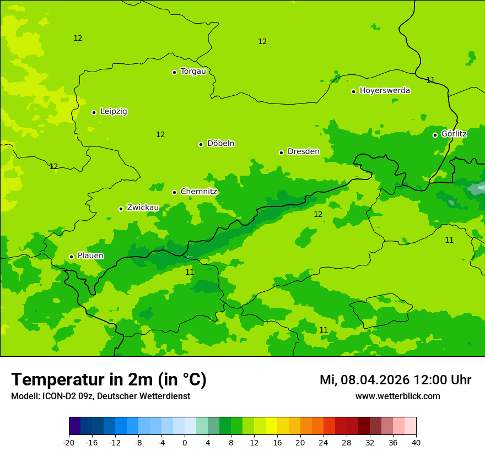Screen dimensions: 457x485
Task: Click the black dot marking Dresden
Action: tap(281, 153)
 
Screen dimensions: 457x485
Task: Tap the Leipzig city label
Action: tap(114, 111)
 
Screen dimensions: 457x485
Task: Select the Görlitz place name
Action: tap(454, 134)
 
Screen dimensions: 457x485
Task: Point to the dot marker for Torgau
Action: tap(174, 72)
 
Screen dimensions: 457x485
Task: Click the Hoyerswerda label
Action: tap(385, 90)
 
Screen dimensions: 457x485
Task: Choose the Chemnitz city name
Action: tap(198, 192)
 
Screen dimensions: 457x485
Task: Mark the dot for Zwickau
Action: tap(121, 209)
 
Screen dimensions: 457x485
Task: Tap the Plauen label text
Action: tap(90, 255)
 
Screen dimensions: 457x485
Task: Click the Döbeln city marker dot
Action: tap(201, 144)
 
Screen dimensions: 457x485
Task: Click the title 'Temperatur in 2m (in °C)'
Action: tap(109, 380)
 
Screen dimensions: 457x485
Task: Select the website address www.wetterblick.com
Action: tap(397, 396)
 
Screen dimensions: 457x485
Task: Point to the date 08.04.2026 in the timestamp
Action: tap(375, 380)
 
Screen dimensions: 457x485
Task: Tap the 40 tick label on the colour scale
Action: tap(416, 443)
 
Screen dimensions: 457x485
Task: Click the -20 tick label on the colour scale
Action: tap(69, 443)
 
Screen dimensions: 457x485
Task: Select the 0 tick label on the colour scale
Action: tap(185, 443)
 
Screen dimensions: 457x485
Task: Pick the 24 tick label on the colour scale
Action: tap(324, 443)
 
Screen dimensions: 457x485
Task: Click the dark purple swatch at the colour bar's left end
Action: tap(75, 426)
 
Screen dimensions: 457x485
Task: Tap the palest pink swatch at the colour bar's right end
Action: tap(411, 426)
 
